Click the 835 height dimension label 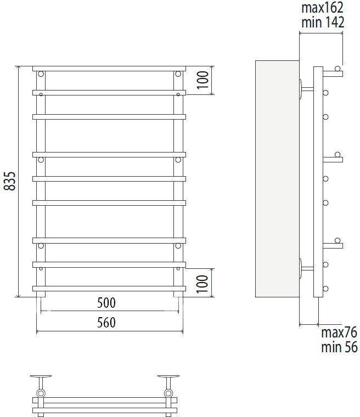9,181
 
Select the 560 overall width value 108,322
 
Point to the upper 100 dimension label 203,80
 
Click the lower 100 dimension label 203,283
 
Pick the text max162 322,8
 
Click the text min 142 322,22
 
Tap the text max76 339,333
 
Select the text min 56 339,347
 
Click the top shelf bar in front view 109,69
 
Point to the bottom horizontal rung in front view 109,288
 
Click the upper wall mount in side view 302,89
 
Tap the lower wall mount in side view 302,268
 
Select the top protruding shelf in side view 333,73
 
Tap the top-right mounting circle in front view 178,74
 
